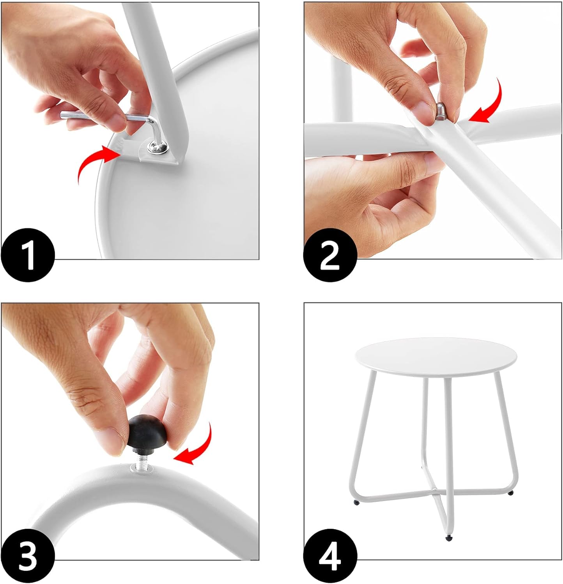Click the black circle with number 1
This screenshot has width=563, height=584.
(28, 255)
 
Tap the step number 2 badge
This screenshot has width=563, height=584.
(330, 255)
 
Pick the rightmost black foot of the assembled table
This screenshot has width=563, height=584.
(511, 493)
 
